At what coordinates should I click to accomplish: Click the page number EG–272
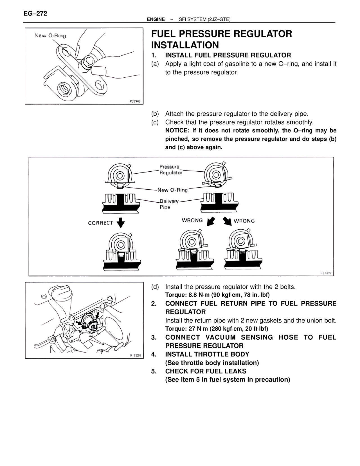(35, 14)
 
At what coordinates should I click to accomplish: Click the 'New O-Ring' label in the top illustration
(50, 36)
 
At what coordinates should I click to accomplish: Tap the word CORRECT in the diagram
(100, 223)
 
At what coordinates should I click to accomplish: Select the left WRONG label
(192, 220)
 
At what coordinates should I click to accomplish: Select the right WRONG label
(244, 221)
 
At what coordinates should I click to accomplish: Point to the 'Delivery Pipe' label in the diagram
(169, 204)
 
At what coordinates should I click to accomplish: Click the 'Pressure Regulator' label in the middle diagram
(170, 170)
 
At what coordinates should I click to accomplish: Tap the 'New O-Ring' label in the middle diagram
(172, 190)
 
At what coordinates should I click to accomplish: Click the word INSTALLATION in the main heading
(185, 45)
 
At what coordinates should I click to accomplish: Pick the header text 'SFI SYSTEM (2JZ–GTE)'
(204, 19)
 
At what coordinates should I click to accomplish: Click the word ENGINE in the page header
(156, 19)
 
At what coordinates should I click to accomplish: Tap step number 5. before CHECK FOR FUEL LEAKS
(154, 371)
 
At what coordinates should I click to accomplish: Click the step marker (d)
(155, 287)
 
